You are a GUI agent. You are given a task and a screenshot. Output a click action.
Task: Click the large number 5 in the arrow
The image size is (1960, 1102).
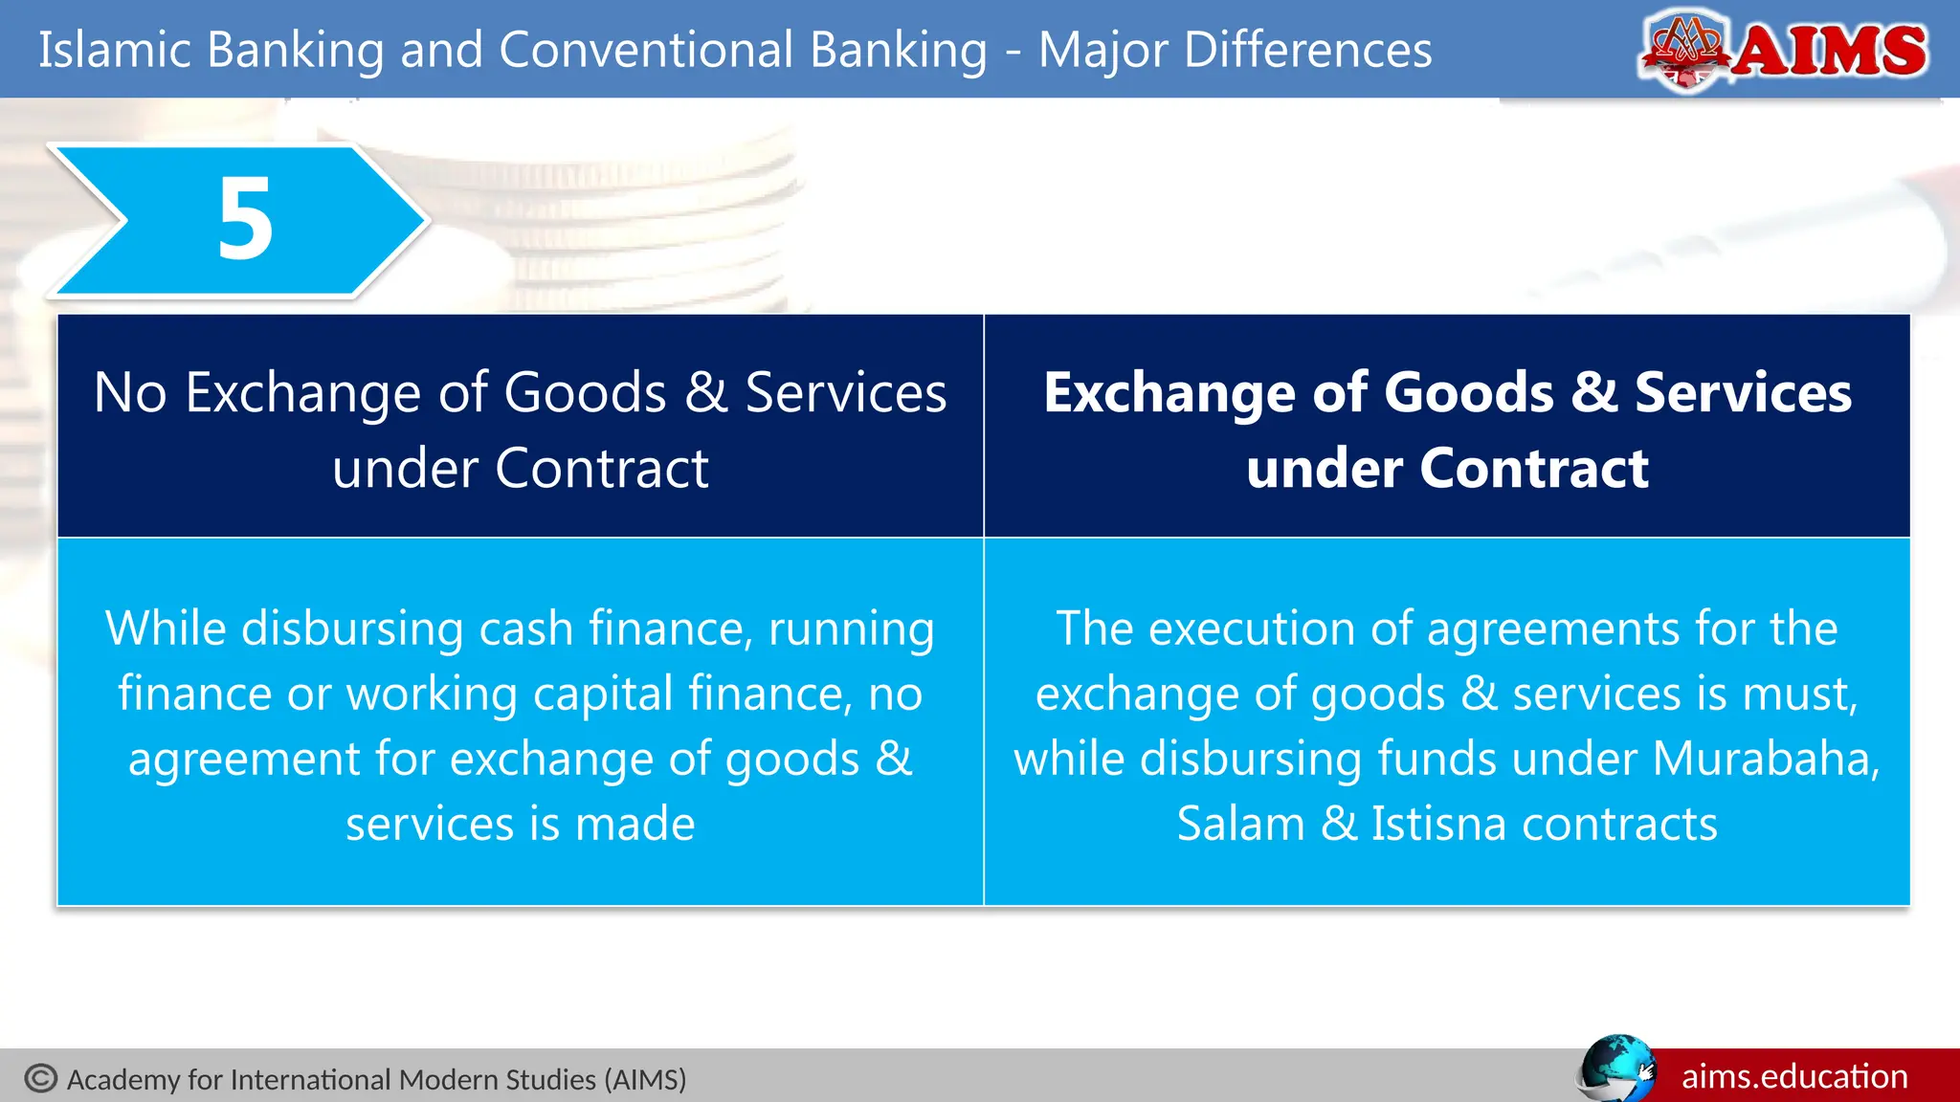pos(245,219)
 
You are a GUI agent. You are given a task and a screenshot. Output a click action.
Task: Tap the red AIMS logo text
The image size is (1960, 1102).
pos(1830,50)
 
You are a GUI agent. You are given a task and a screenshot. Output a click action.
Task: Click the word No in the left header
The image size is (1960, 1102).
pos(130,393)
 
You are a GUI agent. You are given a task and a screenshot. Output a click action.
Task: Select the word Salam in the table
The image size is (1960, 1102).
pos(1240,824)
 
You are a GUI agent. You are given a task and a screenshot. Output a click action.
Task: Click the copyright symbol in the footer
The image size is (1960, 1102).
pos(41,1078)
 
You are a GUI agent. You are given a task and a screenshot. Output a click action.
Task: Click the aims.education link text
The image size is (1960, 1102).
pos(1794,1077)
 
